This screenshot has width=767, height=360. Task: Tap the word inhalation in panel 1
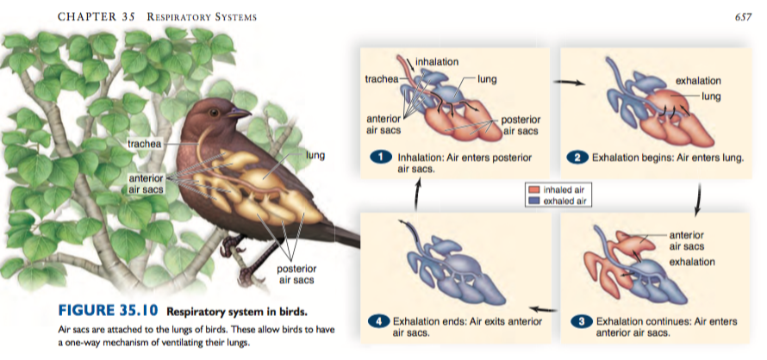click(x=439, y=61)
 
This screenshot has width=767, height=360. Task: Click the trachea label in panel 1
click(x=382, y=79)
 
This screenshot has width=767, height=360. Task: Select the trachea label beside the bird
click(x=143, y=143)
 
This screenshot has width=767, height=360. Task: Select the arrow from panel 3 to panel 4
click(x=540, y=307)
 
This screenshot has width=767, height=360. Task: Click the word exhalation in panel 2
click(x=698, y=80)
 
